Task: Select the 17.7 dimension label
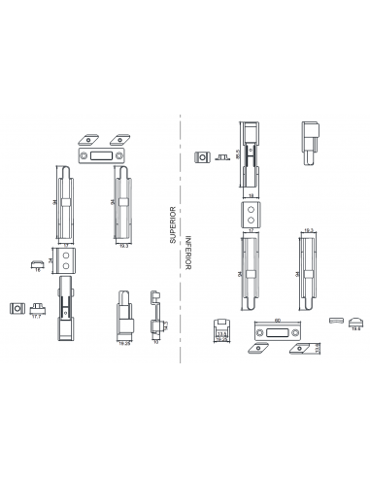(x=37, y=317)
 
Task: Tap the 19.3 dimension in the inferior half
(x=309, y=230)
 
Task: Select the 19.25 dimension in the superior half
(x=124, y=343)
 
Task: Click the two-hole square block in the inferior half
(x=250, y=214)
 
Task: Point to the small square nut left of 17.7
(x=17, y=307)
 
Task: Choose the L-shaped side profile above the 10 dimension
(x=155, y=311)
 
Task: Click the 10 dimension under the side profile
(x=156, y=343)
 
